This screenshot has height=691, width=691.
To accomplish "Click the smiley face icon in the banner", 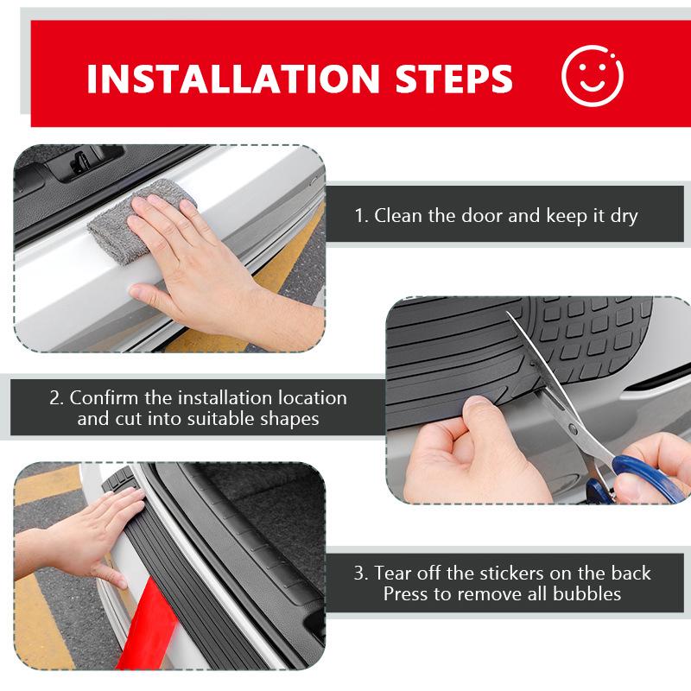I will pos(593,76).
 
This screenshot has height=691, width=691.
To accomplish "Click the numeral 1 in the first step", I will pos(359,215).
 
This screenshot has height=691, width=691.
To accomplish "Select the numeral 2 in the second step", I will pos(55,399).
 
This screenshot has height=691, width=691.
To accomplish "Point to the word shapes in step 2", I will pos(290,421).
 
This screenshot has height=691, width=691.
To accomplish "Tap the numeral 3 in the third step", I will pos(360,574).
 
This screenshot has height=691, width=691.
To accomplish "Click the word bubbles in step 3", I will pos(590,594).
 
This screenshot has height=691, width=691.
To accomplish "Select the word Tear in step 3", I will pos(393,574).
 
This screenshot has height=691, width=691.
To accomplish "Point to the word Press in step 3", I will pos(406,594).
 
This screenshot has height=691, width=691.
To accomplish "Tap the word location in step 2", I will pos(314,399).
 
